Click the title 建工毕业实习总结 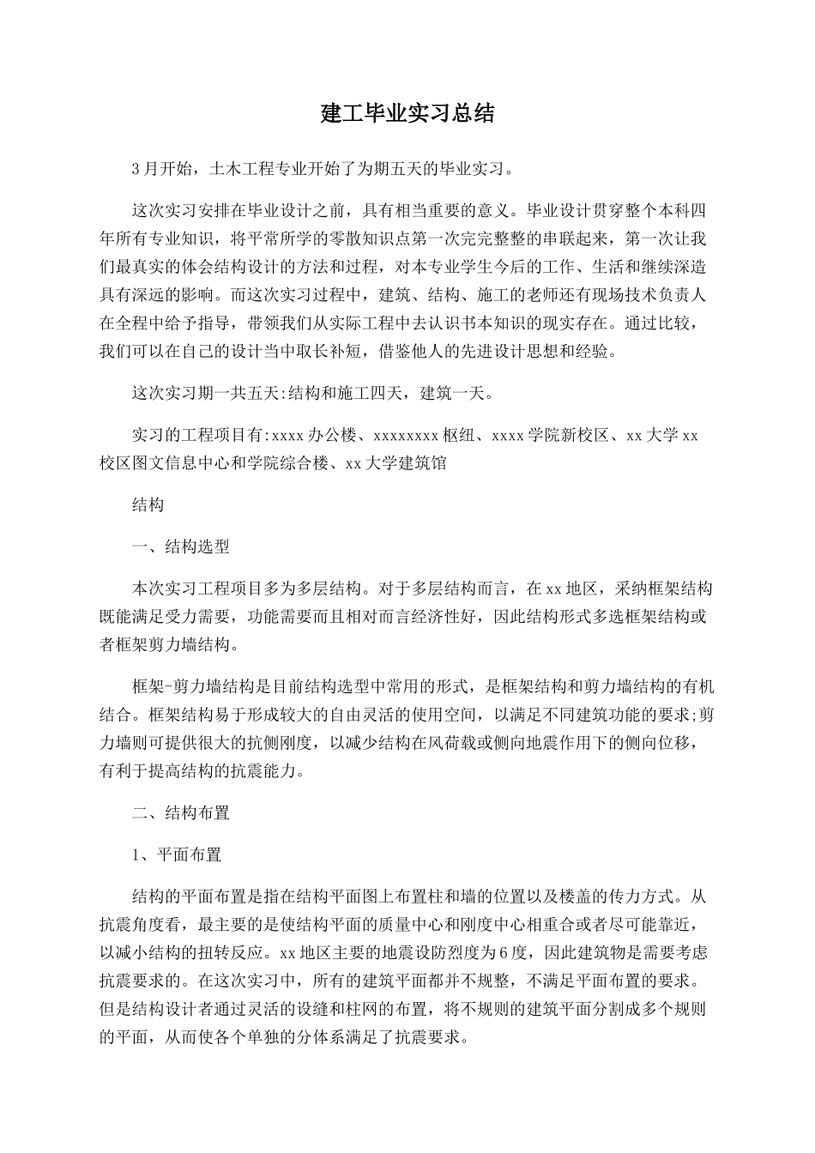pyautogui.click(x=407, y=113)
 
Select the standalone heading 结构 pyautogui.click(x=148, y=505)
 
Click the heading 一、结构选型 pyautogui.click(x=180, y=546)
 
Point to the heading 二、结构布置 pyautogui.click(x=180, y=812)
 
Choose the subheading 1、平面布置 pyautogui.click(x=177, y=854)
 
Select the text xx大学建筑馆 pyautogui.click(x=395, y=463)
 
